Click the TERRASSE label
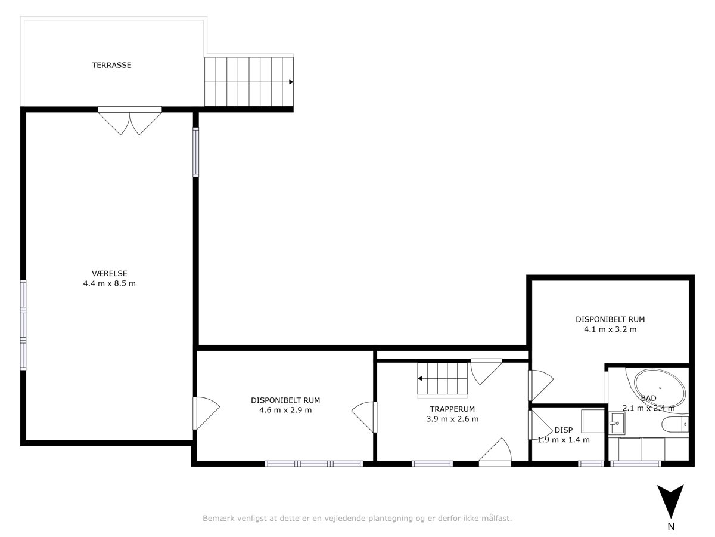[x=112, y=65]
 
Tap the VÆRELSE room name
[x=110, y=273]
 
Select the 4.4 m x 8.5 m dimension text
[x=110, y=283]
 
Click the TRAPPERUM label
[x=452, y=409]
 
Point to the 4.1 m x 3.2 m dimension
[x=610, y=329]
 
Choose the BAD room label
[x=648, y=398]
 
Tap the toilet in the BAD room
[x=675, y=424]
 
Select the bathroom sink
[x=617, y=423]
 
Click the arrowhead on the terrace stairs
[x=291, y=82]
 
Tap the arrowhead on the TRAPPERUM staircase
[x=420, y=378]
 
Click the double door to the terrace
[x=130, y=121]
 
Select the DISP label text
[x=564, y=430]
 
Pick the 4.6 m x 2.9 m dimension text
[x=285, y=410]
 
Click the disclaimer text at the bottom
[x=357, y=518]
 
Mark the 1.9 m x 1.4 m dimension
[x=564, y=440]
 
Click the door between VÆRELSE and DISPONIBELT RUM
[x=206, y=413]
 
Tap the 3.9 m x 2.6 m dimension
[x=452, y=419]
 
